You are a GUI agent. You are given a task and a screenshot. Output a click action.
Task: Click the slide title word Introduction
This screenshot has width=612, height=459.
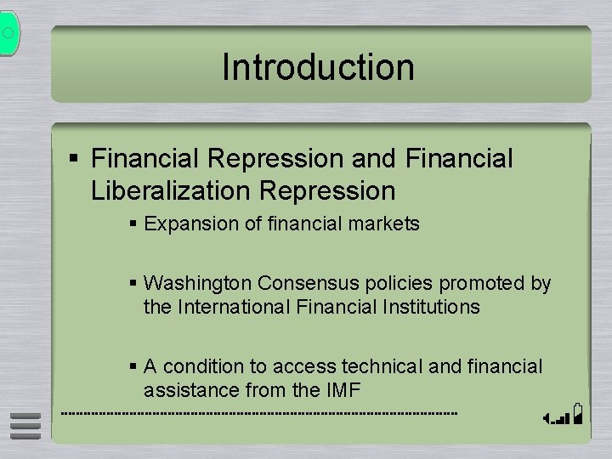[318, 68]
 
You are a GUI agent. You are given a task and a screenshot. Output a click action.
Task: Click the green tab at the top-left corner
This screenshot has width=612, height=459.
[8, 33]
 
